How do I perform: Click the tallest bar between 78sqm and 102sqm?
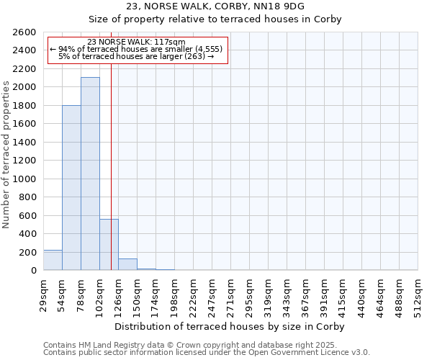(x=90, y=174)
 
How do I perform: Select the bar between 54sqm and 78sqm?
(x=71, y=188)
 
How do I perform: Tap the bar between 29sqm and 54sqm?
(x=53, y=260)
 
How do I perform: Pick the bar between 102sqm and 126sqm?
(x=109, y=245)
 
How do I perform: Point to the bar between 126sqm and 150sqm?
(x=127, y=264)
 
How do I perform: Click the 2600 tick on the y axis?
(x=24, y=32)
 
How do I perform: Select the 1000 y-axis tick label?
(x=24, y=179)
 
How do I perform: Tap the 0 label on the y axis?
(x=33, y=271)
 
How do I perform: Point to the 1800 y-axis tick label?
(x=24, y=106)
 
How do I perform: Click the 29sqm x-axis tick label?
(x=43, y=293)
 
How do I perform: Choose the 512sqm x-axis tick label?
(x=418, y=293)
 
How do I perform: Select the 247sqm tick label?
(x=212, y=293)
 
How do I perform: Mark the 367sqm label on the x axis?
(x=305, y=293)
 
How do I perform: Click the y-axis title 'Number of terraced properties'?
(x=7, y=155)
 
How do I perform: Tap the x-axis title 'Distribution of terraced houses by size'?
(x=230, y=326)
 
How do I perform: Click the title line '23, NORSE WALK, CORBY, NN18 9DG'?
(x=215, y=6)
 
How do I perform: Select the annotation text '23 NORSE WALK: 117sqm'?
(x=136, y=42)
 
